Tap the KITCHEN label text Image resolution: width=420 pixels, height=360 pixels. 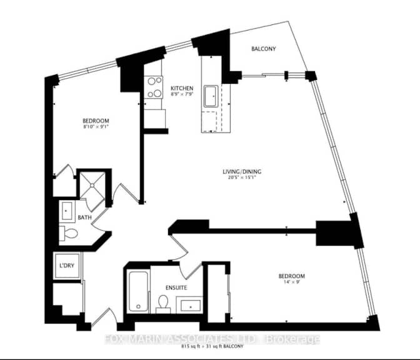(182, 88)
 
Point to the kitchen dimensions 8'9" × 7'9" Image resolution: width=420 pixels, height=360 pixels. (182, 95)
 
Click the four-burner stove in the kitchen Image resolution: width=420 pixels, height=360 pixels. (152, 87)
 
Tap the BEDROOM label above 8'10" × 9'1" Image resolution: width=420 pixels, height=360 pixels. (96, 121)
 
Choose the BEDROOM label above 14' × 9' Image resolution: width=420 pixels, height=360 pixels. (291, 276)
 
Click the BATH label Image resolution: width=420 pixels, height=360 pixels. (84, 217)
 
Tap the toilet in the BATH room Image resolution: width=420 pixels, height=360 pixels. (71, 235)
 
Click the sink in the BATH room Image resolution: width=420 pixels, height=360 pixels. (67, 211)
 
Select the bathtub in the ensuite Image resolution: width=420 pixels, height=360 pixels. (137, 291)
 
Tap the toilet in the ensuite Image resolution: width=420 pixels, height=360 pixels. (164, 303)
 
